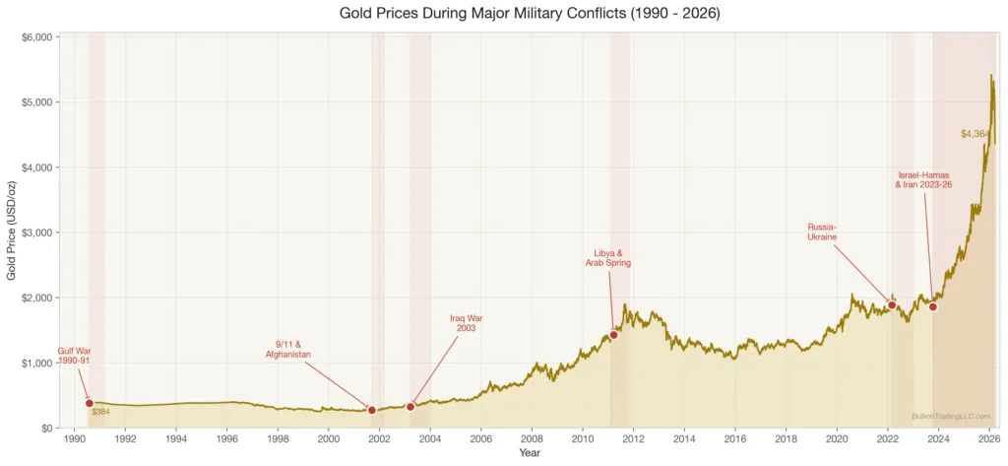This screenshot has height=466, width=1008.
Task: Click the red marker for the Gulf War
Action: coord(90,403)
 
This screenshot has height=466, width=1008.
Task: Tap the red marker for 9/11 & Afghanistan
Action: coord(372,410)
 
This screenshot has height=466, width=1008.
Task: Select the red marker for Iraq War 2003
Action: coord(410,407)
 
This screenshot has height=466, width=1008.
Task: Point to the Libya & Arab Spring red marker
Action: coord(613,335)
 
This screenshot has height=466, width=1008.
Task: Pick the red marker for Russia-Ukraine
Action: coord(892,305)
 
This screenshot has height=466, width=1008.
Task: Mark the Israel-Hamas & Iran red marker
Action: coord(933,307)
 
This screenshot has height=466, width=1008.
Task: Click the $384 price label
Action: coord(100,412)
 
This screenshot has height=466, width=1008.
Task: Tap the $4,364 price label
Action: coord(975,134)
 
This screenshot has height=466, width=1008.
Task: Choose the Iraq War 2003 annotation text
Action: coord(466,323)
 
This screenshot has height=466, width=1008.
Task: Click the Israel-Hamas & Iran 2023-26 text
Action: coord(923,179)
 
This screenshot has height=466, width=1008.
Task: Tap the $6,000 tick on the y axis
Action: coord(35,37)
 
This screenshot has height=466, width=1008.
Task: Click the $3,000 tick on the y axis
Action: coord(35,233)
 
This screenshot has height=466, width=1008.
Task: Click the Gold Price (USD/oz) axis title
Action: coord(12,232)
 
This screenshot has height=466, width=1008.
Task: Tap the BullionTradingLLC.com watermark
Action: coord(951,417)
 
